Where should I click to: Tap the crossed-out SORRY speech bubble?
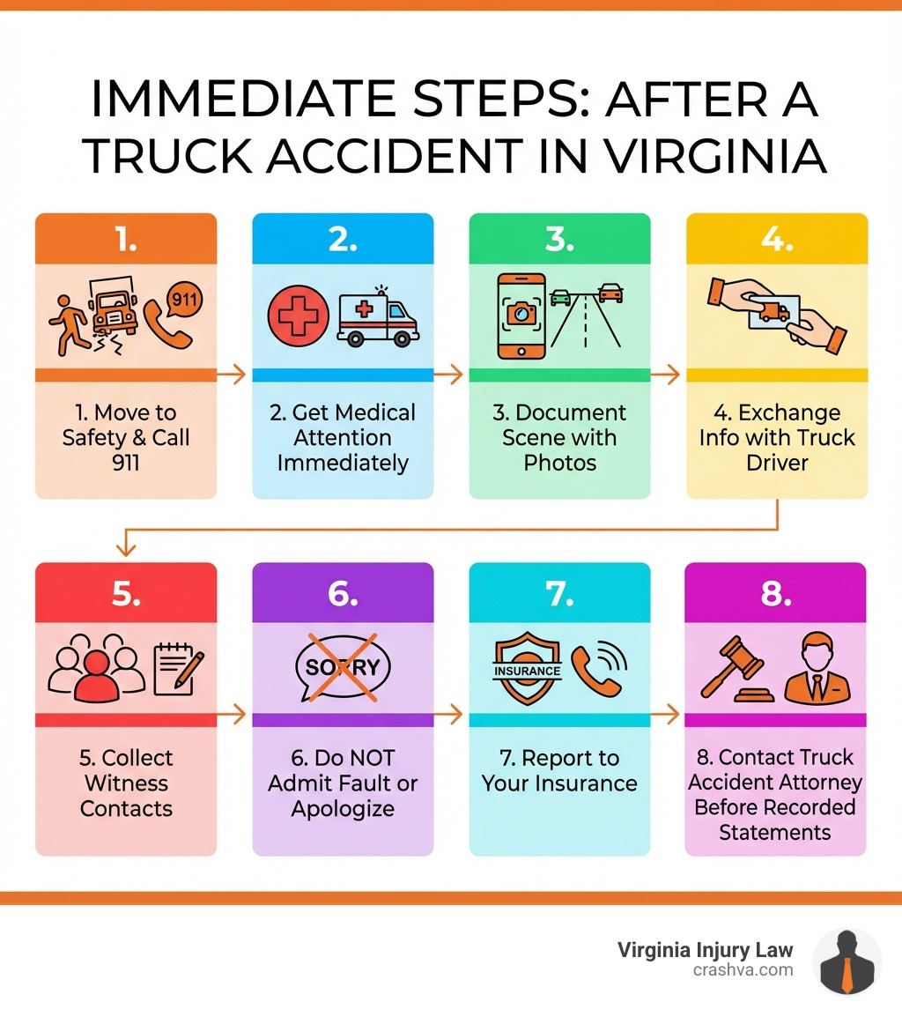[343, 666]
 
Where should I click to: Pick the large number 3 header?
[559, 238]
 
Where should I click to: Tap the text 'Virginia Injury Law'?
[705, 950]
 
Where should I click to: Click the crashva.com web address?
[743, 969]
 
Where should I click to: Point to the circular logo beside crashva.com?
[847, 961]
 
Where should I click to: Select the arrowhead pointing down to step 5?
[126, 549]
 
